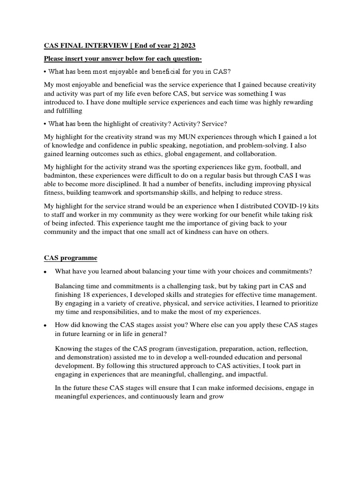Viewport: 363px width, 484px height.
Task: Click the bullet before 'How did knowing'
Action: click(x=45, y=326)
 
